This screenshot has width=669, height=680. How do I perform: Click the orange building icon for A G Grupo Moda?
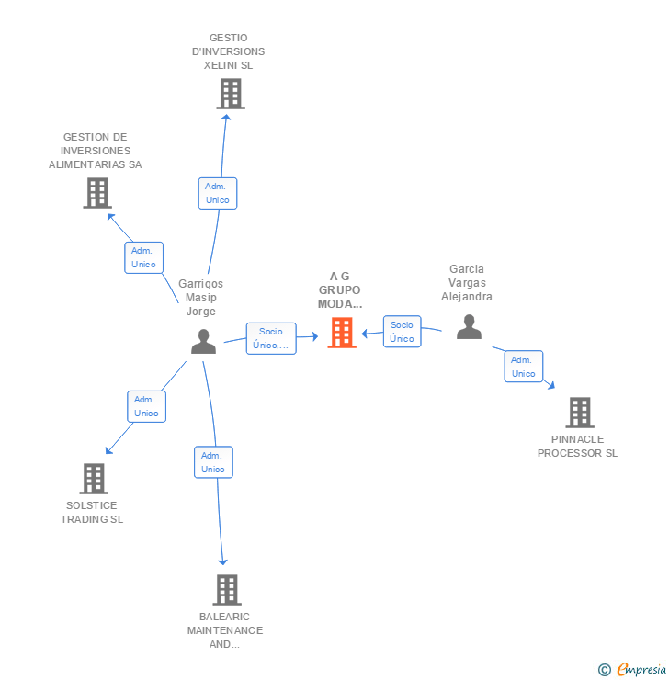click(x=342, y=333)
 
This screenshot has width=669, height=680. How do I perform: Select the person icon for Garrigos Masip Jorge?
click(x=203, y=342)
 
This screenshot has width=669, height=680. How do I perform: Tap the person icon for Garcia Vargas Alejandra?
click(x=469, y=327)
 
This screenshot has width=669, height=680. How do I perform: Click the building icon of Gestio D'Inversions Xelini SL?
click(x=230, y=94)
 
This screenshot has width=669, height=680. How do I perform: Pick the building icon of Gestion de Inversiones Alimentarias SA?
click(x=96, y=193)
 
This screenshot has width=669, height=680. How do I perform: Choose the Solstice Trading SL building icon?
click(x=94, y=479)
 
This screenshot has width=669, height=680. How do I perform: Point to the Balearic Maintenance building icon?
click(x=226, y=590)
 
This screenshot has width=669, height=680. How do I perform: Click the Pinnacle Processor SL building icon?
click(x=579, y=414)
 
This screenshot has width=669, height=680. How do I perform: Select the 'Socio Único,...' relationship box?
click(x=271, y=338)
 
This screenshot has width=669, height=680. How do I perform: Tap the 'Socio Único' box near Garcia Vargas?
click(x=402, y=332)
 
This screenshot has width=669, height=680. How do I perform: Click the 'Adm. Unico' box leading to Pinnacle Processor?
click(x=523, y=367)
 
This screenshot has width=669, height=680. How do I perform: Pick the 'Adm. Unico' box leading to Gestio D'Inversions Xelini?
click(x=218, y=193)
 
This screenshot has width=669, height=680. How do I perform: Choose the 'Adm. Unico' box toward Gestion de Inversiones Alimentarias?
click(x=143, y=257)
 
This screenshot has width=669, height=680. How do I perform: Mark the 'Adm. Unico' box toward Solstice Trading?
click(x=146, y=406)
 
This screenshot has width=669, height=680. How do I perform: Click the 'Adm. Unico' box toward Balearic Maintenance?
click(x=213, y=462)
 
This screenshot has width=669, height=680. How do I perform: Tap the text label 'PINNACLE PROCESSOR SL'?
click(x=577, y=447)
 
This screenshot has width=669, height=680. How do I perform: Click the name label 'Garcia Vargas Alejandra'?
click(x=466, y=283)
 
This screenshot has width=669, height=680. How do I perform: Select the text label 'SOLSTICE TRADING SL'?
click(x=92, y=513)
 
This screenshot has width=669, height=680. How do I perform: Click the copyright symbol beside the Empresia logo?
click(x=604, y=670)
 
